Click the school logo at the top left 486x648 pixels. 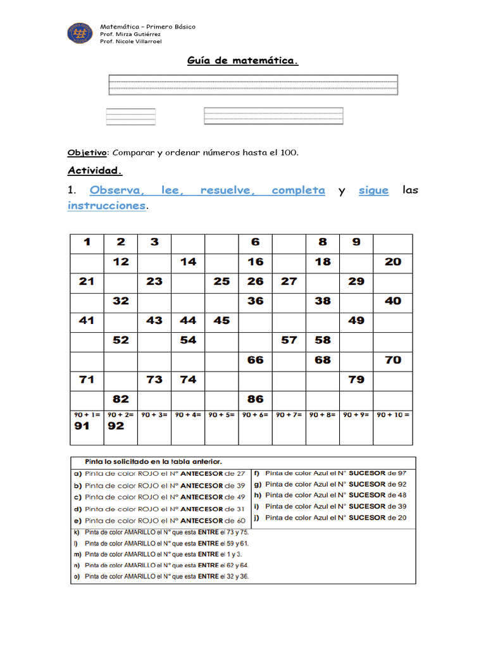point(81,34)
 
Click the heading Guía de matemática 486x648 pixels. point(242,61)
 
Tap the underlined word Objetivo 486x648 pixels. point(87,153)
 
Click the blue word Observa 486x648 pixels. point(117,190)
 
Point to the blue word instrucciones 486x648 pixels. point(106,206)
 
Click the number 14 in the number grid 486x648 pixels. point(188,261)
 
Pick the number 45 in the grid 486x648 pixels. point(221,320)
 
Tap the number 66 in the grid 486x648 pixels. point(255,359)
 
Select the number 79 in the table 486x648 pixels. point(356,380)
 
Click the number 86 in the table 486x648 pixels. point(255,399)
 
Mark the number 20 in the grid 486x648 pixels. point(393,261)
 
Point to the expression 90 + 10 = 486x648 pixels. point(393,415)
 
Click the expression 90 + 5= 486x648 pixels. point(221,415)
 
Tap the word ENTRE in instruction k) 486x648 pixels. point(208,532)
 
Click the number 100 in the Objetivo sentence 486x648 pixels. point(287,153)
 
